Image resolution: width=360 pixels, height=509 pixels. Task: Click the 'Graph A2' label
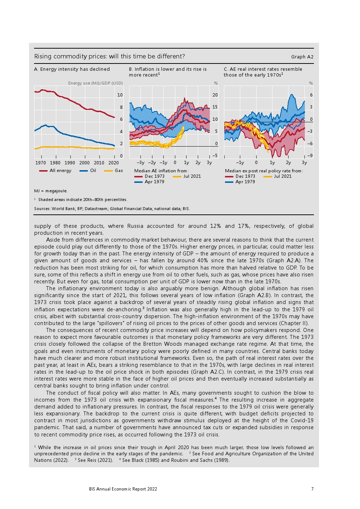pyautogui.click(x=302, y=57)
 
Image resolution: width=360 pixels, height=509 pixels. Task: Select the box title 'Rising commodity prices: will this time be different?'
pyautogui.click(x=110, y=56)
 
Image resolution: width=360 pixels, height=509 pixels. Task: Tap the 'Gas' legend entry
pyautogui.click(x=119, y=171)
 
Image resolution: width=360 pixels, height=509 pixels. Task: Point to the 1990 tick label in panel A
pyautogui.click(x=70, y=163)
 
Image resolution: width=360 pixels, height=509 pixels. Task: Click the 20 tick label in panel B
pyautogui.click(x=215, y=95)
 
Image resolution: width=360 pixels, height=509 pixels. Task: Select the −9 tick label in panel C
pyautogui.click(x=310, y=156)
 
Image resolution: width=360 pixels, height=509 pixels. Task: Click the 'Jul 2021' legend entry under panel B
pyautogui.click(x=192, y=176)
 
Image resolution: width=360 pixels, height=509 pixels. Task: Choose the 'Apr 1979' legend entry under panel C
pyautogui.click(x=245, y=182)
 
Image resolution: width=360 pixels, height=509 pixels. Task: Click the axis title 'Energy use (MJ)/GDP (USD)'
pyautogui.click(x=95, y=83)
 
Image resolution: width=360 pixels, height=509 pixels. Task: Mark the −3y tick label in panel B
pyautogui.click(x=140, y=163)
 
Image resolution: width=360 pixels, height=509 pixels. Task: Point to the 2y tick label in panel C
pyautogui.click(x=288, y=163)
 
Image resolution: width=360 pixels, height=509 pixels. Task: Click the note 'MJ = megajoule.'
pyautogui.click(x=51, y=191)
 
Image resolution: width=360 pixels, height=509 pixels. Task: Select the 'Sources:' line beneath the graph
pyautogui.click(x=112, y=209)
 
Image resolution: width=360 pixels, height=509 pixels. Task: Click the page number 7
pyautogui.click(x=312, y=489)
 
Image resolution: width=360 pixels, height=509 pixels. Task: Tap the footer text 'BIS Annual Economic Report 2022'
pyautogui.click(x=123, y=489)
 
